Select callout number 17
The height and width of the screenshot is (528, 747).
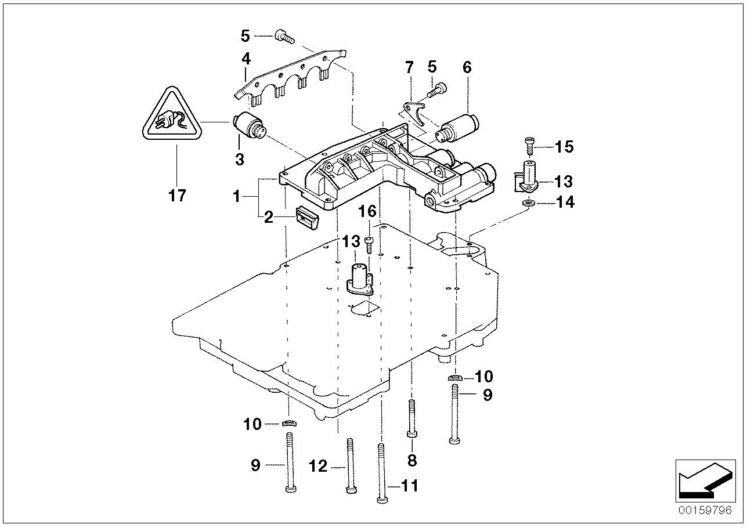click(177, 196)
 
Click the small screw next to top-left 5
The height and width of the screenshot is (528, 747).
click(284, 37)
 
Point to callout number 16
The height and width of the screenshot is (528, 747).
click(368, 211)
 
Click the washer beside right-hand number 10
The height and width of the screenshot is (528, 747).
click(455, 378)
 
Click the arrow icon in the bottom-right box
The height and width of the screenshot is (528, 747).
click(701, 479)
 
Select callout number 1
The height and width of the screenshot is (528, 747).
click(236, 197)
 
